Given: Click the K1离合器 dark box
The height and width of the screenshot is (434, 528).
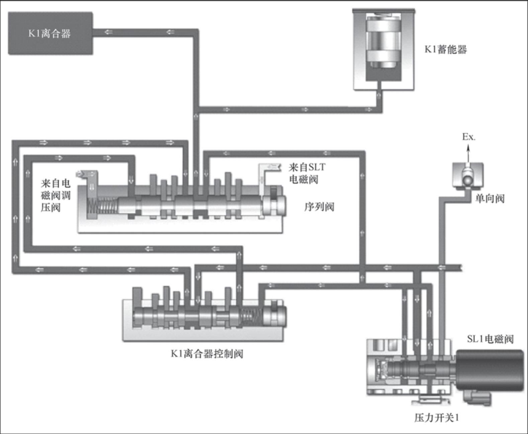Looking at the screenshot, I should point(50,33).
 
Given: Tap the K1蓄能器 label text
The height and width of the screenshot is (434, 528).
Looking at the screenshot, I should point(445,49).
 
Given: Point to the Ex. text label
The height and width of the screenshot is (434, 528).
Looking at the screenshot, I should point(469,136).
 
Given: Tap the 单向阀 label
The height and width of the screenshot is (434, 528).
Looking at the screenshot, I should point(490,198).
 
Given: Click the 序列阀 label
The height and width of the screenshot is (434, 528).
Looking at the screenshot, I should point(319,207).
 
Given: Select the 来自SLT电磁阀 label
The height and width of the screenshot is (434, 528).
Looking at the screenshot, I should point(306,173).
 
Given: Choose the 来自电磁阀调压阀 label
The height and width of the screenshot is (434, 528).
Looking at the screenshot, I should point(56,195).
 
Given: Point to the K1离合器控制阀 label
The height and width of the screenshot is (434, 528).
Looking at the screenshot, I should point(207,353).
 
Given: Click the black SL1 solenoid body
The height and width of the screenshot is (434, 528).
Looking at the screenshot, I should point(489,370).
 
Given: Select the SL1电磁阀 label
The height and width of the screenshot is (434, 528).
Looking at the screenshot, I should point(490,339).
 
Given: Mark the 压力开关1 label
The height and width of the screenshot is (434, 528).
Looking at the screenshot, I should point(436,418).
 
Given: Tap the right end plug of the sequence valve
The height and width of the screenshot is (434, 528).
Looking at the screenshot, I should point(274,205).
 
